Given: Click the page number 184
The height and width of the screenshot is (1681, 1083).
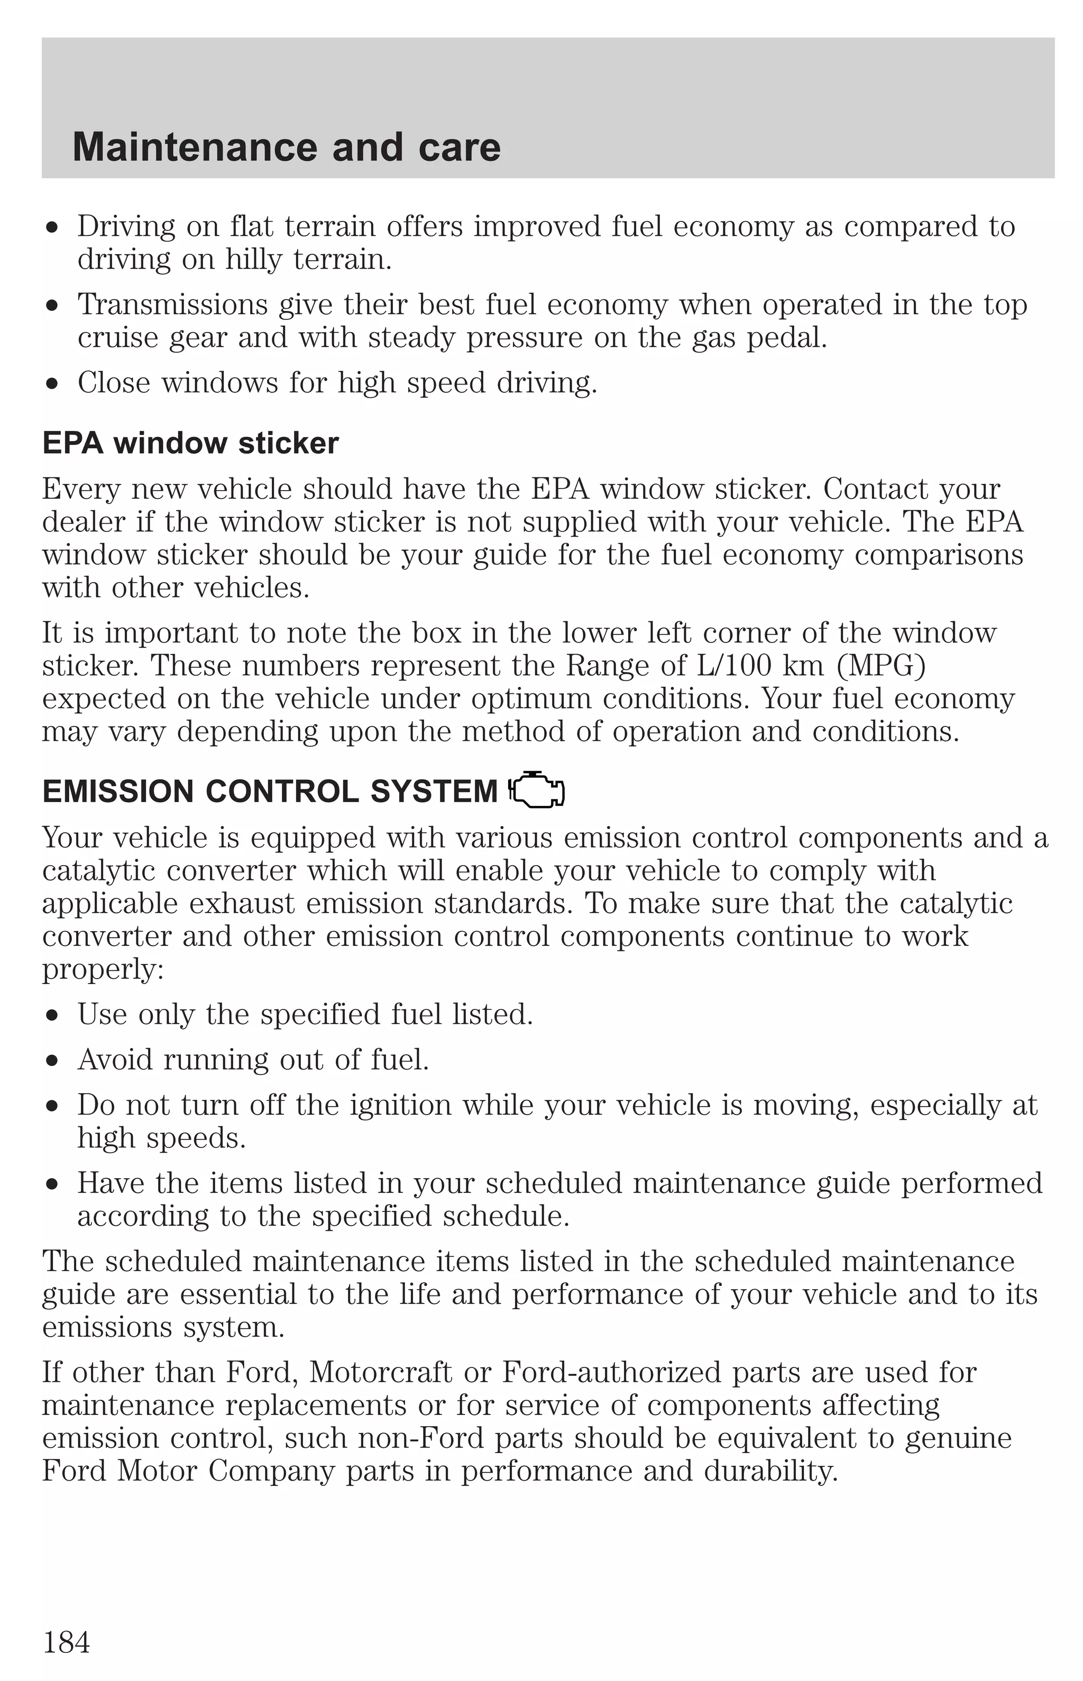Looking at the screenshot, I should pos(67,1642).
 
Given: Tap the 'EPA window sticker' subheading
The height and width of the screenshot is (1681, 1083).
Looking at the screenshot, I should pos(190,443).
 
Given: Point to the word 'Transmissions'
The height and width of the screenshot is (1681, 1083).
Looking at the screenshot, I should pos(172,305).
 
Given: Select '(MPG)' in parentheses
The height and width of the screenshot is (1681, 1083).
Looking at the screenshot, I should pos(880,665).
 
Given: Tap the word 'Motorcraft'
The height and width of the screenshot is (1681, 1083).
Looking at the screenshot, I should pos(380,1372).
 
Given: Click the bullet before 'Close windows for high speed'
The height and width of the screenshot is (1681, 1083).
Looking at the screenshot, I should pos(51,384).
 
